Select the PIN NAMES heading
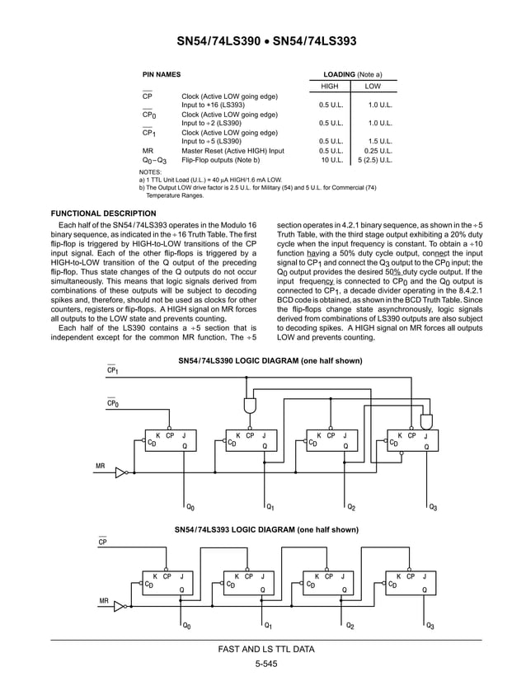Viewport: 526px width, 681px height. (x=162, y=74)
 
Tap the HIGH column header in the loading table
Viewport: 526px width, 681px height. (x=329, y=87)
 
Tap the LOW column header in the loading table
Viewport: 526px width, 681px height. (x=373, y=87)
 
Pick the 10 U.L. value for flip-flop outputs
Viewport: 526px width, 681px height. (x=331, y=160)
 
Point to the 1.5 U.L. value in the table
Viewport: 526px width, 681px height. (x=379, y=141)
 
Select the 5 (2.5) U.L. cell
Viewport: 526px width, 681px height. (x=375, y=160)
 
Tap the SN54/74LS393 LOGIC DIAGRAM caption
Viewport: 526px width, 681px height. (x=266, y=529)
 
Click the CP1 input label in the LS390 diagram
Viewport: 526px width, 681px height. (x=113, y=371)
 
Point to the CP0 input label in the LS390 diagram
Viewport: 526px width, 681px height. (x=113, y=404)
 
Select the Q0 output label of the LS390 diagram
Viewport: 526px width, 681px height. (x=190, y=506)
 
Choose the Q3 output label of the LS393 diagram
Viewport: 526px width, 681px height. (x=431, y=627)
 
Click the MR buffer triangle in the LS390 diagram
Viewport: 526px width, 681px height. (x=121, y=473)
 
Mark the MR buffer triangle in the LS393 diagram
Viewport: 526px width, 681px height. (x=120, y=606)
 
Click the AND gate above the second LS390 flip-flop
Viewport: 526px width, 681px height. (x=247, y=406)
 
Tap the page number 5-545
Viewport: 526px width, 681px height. (x=265, y=665)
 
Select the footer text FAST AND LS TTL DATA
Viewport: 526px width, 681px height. (x=265, y=650)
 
